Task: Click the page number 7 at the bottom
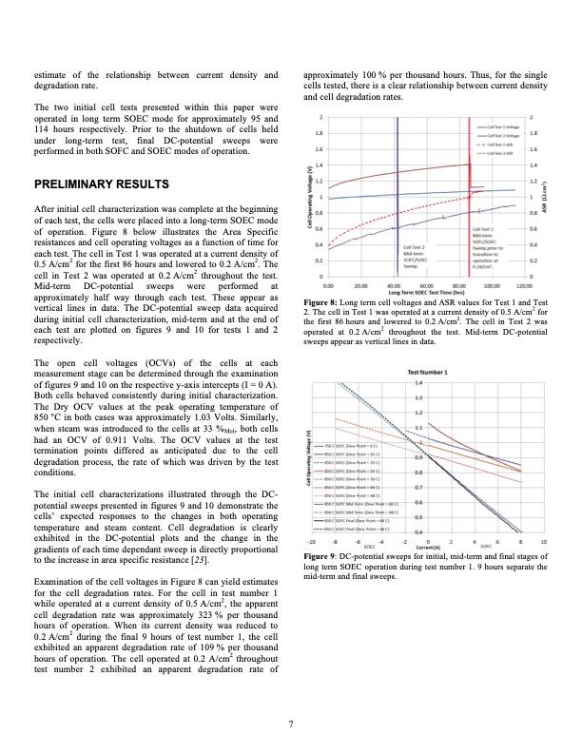click(290, 724)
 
